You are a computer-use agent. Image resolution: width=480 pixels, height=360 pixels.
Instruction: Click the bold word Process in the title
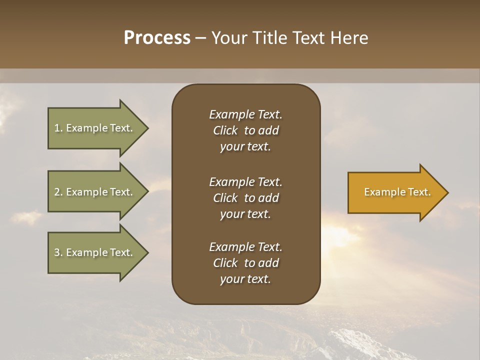pos(157,38)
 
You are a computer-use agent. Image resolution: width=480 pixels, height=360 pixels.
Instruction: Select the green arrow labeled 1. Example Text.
pos(95,128)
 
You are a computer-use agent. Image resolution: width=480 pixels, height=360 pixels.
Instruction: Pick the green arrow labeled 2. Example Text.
pos(95,192)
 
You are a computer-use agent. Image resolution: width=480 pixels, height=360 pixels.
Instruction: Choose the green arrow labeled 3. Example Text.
pos(95,252)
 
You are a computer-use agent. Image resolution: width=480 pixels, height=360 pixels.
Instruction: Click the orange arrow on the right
pos(395,192)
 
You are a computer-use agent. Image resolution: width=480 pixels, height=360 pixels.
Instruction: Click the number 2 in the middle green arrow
pos(57,192)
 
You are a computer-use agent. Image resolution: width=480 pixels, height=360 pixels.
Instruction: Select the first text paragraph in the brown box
pos(245,130)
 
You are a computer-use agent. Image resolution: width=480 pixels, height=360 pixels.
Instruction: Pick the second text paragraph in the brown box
pos(245,198)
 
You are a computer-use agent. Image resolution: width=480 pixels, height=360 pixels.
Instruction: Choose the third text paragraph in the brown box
pos(245,263)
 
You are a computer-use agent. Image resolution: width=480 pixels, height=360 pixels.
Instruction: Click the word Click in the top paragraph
pos(225,130)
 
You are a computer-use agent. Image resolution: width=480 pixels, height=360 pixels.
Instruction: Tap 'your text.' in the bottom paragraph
pos(245,279)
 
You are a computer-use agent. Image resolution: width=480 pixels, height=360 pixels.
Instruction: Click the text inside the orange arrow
pos(397,192)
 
